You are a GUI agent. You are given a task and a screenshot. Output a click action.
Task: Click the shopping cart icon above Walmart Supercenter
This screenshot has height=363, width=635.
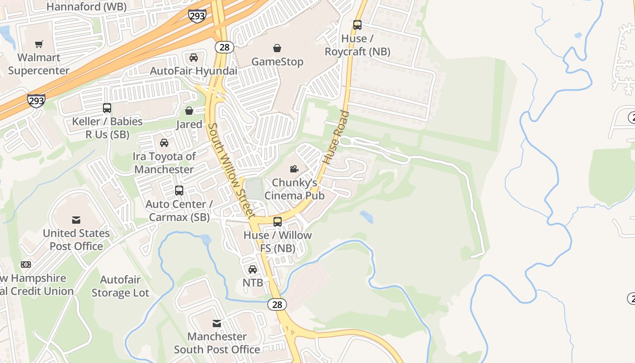pyautogui.click(x=39, y=44)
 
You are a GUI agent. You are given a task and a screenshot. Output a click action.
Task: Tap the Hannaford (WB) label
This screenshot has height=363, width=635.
pyautogui.click(x=87, y=7)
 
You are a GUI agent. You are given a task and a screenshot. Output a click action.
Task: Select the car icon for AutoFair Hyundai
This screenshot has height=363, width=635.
pyautogui.click(x=194, y=58)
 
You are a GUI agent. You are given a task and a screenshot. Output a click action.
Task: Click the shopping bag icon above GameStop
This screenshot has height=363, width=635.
pyautogui.click(x=277, y=48)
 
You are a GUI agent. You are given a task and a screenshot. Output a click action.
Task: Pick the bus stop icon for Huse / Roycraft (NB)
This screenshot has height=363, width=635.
pyautogui.click(x=357, y=25)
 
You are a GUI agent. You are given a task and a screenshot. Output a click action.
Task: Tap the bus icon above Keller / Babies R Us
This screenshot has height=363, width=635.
pyautogui.click(x=107, y=108)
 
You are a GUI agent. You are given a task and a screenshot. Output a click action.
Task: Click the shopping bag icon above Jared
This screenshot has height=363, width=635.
pyautogui.click(x=189, y=111)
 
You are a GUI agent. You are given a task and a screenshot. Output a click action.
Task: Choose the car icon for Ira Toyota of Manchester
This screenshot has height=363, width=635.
pyautogui.click(x=164, y=143)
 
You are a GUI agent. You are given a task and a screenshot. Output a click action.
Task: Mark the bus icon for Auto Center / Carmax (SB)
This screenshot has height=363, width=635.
pyautogui.click(x=179, y=191)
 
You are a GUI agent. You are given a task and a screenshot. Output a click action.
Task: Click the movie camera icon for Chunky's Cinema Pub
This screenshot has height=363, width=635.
pyautogui.click(x=294, y=169)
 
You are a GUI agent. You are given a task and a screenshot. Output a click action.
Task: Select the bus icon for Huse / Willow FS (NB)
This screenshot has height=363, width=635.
pyautogui.click(x=277, y=222)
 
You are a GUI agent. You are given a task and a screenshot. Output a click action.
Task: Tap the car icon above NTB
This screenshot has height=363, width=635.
pyautogui.click(x=253, y=270)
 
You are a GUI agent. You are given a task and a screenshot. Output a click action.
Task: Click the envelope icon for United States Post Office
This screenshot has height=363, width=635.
pyautogui.click(x=76, y=220)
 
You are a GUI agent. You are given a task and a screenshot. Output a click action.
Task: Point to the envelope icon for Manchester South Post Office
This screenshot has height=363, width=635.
pyautogui.click(x=217, y=324)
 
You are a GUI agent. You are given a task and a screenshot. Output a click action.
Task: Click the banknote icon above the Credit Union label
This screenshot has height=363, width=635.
pyautogui.click(x=26, y=265)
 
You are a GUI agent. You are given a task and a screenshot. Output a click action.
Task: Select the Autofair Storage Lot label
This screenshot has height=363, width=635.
pyautogui.click(x=120, y=286)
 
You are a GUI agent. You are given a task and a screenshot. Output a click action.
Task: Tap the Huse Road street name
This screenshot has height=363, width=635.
pyautogui.click(x=336, y=137)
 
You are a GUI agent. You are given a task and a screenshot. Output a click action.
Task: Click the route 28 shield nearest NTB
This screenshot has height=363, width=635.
pyautogui.click(x=277, y=304)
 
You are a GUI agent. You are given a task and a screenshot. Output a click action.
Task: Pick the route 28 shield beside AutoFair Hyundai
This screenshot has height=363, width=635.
pyautogui.click(x=225, y=47)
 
